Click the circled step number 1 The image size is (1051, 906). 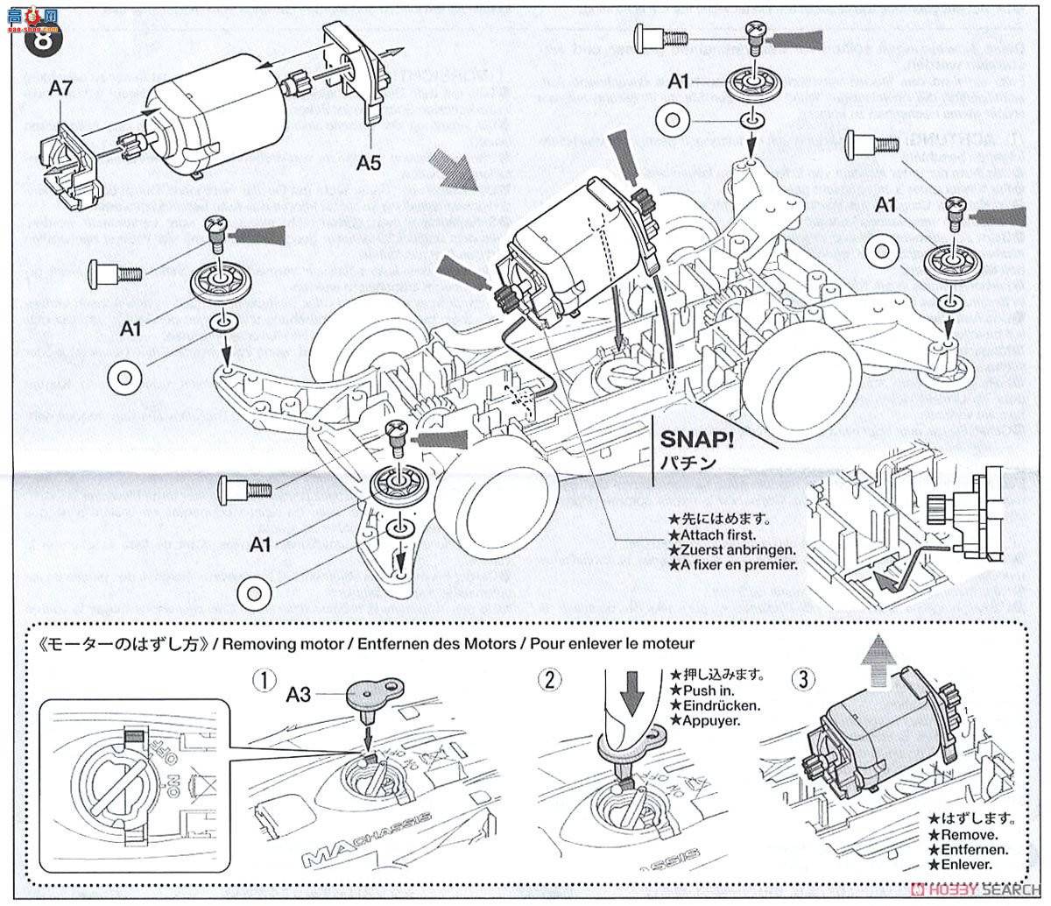click(x=260, y=679)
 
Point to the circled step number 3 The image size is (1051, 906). click(x=803, y=679)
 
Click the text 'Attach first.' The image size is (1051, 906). click(x=714, y=534)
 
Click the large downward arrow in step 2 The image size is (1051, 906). click(x=631, y=697)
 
